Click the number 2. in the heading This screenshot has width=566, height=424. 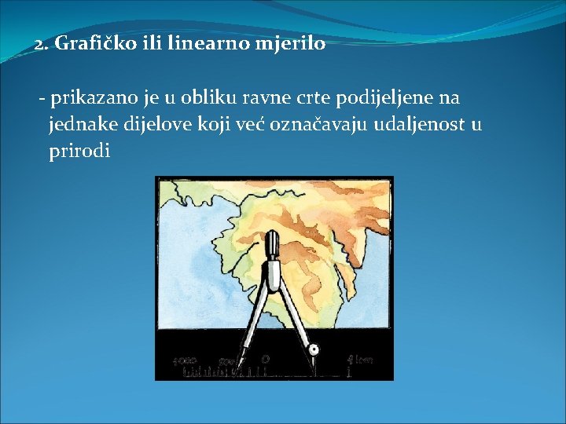[42, 44]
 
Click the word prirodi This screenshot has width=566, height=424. [79, 151]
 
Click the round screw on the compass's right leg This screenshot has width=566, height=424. [313, 349]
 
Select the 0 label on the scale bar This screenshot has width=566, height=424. [266, 359]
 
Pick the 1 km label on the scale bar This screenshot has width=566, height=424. [359, 360]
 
